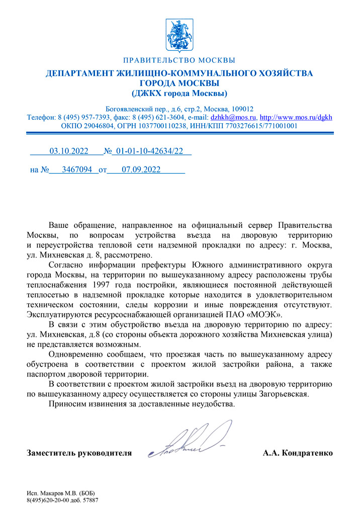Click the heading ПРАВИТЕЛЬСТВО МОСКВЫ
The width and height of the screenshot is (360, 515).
(x=179, y=61)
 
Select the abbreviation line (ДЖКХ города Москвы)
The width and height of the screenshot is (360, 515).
(x=179, y=93)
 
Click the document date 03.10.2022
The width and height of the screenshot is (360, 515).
(x=68, y=150)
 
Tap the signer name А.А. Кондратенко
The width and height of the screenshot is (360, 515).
(x=297, y=453)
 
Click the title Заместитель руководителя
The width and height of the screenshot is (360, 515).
(x=79, y=453)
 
